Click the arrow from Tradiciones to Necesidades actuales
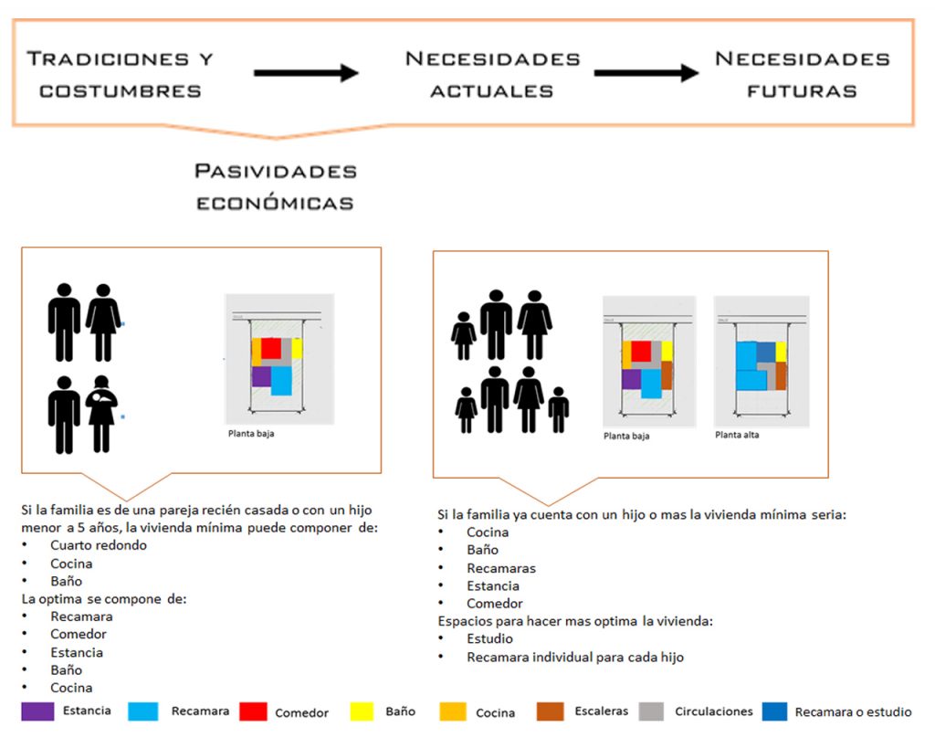click(305, 73)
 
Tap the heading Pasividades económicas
click(276, 186)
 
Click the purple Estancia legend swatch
click(37, 711)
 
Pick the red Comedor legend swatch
click(253, 711)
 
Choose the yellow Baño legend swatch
click(362, 711)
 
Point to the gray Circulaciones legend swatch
click(651, 711)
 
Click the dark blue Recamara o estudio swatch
click(774, 711)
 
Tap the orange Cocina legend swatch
click(453, 711)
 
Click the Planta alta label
click(737, 435)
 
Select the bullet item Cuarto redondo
click(99, 545)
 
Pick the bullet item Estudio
click(489, 639)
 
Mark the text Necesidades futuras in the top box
click(802, 74)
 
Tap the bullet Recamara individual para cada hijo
click(574, 657)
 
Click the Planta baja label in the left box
click(251, 434)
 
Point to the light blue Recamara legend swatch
click(144, 711)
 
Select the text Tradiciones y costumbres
click(120, 74)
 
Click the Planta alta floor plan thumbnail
click(762, 362)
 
